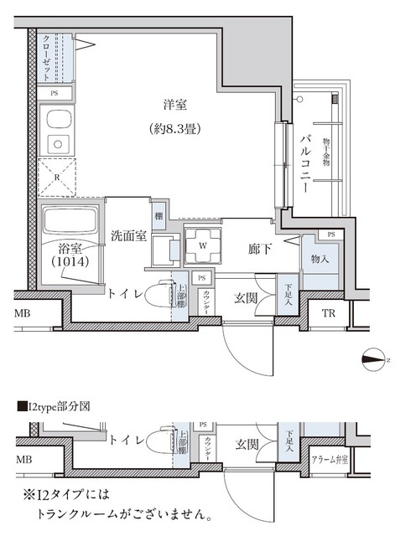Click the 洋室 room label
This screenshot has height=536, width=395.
pos(174,105)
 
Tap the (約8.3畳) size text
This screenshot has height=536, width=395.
pos(175,129)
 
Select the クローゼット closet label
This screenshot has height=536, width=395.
pos(46,56)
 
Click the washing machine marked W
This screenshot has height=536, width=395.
pos(202,245)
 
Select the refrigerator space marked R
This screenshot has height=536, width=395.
pos(55,178)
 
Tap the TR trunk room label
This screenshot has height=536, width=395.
pos(329,315)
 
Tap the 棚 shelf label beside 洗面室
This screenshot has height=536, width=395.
pos(158,216)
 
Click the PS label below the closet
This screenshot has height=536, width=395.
pos(55,93)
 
